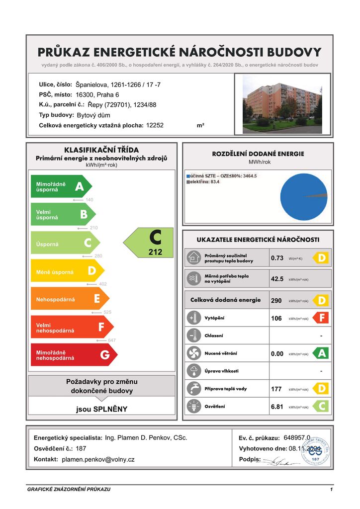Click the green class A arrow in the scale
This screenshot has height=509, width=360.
[61, 186]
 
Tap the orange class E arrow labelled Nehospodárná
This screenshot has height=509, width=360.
[70, 299]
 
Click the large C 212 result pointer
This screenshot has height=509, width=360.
[149, 243]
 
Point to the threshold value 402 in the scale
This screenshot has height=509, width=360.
[103, 284]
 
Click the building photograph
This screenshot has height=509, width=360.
[282, 104]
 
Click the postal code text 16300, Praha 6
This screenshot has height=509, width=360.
[97, 94]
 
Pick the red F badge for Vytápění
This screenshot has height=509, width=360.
[321, 317]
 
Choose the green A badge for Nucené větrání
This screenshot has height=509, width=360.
[321, 353]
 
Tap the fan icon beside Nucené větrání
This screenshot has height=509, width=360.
[193, 353]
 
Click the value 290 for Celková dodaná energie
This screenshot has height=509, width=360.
[276, 301]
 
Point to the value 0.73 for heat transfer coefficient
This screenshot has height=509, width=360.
[277, 258]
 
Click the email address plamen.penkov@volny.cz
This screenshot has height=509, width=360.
[98, 460]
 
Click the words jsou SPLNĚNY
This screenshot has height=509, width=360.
[101, 410]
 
